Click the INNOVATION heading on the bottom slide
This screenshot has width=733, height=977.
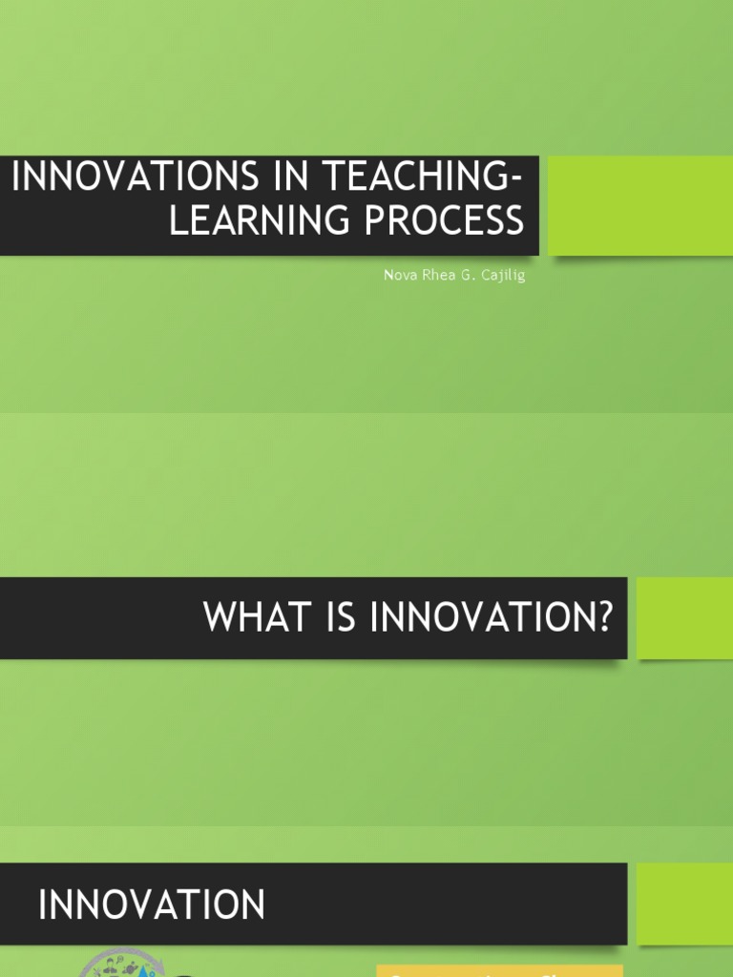click(152, 904)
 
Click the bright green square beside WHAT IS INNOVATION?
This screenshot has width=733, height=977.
click(684, 617)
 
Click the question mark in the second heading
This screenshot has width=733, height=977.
click(601, 618)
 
